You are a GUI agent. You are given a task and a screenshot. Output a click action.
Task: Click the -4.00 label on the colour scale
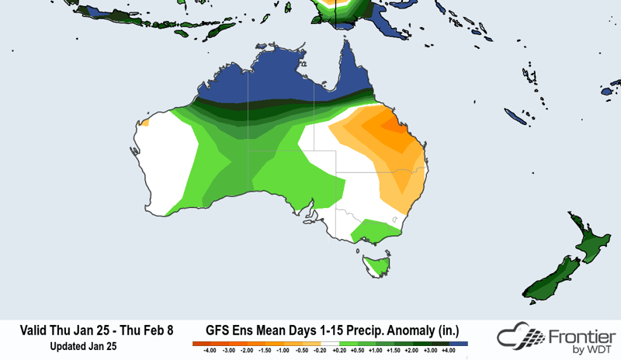[209, 351]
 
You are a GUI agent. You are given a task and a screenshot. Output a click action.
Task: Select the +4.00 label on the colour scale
[448, 351]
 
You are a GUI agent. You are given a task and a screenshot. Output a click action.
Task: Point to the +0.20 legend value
[338, 351]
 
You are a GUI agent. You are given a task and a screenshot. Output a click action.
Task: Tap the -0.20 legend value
[320, 351]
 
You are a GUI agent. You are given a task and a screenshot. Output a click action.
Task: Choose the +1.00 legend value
[375, 351]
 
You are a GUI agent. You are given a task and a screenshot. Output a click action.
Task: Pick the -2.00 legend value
[246, 351]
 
